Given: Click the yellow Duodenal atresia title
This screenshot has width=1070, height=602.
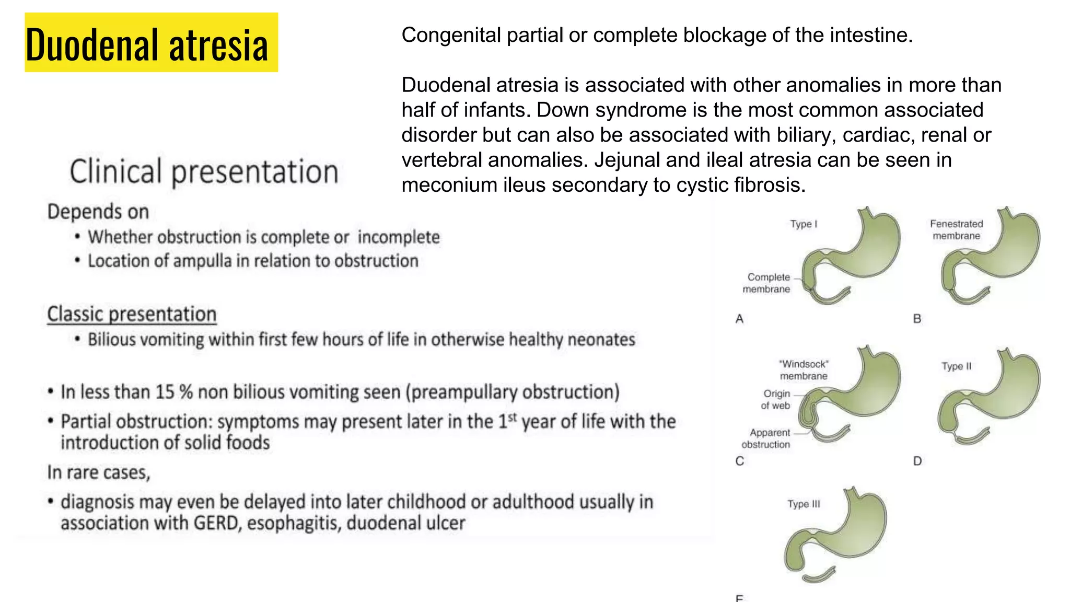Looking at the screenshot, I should click(151, 43).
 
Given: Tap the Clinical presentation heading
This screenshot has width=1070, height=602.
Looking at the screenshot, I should click(204, 171).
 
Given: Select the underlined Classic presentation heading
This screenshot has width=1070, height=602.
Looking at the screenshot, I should click(132, 314).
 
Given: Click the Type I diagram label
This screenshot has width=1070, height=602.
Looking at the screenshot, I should click(804, 224).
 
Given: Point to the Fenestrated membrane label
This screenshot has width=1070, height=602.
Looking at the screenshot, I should click(956, 230).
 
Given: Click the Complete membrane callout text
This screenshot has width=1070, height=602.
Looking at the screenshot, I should click(767, 283).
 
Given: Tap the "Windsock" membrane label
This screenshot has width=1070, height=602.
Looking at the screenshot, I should click(804, 370).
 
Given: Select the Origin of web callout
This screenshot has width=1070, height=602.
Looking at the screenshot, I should click(776, 399).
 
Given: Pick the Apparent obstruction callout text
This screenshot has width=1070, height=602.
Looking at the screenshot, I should click(767, 438).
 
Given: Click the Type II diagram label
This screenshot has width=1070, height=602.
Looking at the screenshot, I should click(956, 366).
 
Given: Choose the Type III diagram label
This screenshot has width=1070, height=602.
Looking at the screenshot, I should click(804, 504).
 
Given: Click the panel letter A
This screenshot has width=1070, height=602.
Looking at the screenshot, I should click(739, 319).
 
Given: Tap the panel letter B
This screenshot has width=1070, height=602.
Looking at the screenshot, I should click(917, 319).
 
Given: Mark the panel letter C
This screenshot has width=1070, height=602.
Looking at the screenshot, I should click(739, 461).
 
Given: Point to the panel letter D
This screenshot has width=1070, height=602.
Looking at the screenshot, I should click(917, 461).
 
